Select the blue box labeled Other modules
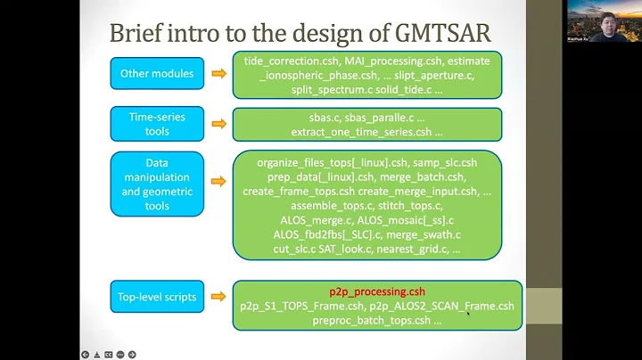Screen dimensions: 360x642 pos(157,73)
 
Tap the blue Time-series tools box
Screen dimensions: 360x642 pos(157,123)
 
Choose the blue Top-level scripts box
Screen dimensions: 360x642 pos(157,296)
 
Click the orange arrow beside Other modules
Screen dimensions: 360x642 pos(218,73)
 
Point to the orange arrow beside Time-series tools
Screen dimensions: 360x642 pos(218,124)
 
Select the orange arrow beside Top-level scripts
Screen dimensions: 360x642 pos(218,296)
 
